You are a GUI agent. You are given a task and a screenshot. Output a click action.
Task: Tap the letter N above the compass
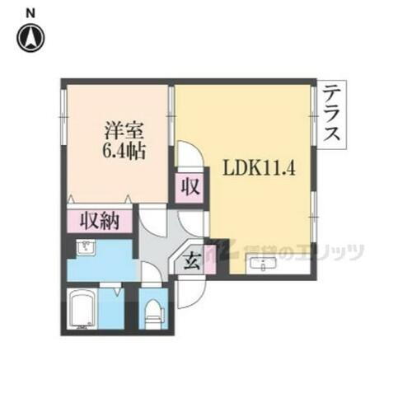pos(31,12)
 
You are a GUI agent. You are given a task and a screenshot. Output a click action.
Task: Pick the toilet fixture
pos(152,311)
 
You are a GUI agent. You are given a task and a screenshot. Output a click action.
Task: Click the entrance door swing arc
pos(188,288)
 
